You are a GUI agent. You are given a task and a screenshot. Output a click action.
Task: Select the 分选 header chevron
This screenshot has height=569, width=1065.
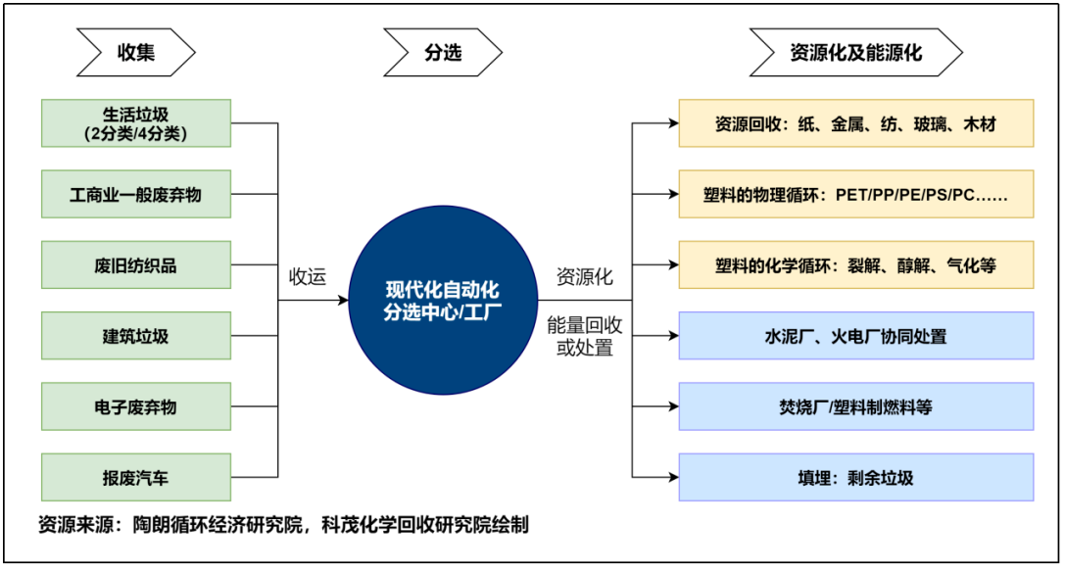click(x=442, y=52)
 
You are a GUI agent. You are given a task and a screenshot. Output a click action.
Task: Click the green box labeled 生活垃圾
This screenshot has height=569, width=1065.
click(x=136, y=123)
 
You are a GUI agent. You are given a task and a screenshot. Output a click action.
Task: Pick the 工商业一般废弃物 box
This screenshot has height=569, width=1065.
click(x=136, y=194)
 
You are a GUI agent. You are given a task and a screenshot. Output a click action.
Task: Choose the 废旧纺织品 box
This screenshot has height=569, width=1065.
click(x=136, y=265)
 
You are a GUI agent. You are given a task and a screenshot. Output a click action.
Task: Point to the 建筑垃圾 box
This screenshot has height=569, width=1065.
click(x=136, y=336)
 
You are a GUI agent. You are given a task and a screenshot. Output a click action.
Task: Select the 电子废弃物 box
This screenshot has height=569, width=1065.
click(x=136, y=406)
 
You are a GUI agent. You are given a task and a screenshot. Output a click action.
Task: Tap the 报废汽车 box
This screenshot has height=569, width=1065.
click(x=136, y=478)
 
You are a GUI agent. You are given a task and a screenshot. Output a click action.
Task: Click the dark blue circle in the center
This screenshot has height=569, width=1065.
click(x=443, y=301)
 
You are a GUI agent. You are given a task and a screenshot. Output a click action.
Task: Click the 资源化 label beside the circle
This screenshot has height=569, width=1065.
click(x=585, y=277)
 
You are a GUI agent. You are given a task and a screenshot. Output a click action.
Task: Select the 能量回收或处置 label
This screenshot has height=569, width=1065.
click(x=585, y=336)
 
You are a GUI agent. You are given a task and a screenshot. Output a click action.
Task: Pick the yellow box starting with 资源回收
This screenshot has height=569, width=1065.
click(x=855, y=123)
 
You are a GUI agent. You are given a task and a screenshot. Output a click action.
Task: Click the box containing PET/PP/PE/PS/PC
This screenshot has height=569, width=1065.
click(x=855, y=194)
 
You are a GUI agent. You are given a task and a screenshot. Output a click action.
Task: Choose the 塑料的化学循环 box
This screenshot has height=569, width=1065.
click(x=855, y=265)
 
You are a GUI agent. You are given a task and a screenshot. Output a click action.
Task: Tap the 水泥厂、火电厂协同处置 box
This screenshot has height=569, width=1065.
click(x=855, y=336)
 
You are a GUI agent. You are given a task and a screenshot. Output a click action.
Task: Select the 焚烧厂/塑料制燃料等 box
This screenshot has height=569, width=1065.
click(x=855, y=406)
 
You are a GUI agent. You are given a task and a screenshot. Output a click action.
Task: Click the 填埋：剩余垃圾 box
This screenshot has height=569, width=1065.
click(x=855, y=478)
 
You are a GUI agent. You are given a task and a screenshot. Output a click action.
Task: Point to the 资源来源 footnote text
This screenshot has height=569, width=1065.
click(x=283, y=525)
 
